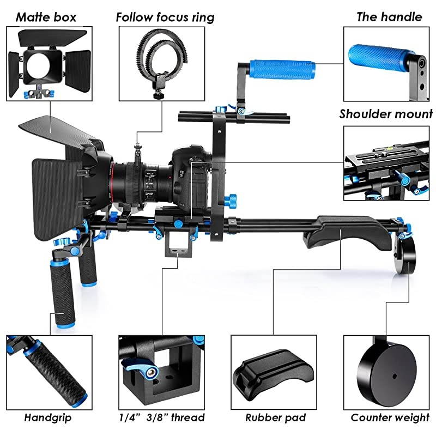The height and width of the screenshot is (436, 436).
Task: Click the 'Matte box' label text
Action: [46, 16]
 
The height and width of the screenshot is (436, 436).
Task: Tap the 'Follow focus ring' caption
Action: [165, 17]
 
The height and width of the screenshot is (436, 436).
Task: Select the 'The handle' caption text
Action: [389, 16]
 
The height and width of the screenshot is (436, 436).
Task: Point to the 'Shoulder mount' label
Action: [386, 114]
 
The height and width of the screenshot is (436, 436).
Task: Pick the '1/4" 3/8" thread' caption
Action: [162, 418]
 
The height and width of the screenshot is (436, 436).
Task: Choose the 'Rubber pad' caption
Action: [271, 418]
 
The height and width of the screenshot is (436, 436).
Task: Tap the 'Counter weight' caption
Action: [390, 418]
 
